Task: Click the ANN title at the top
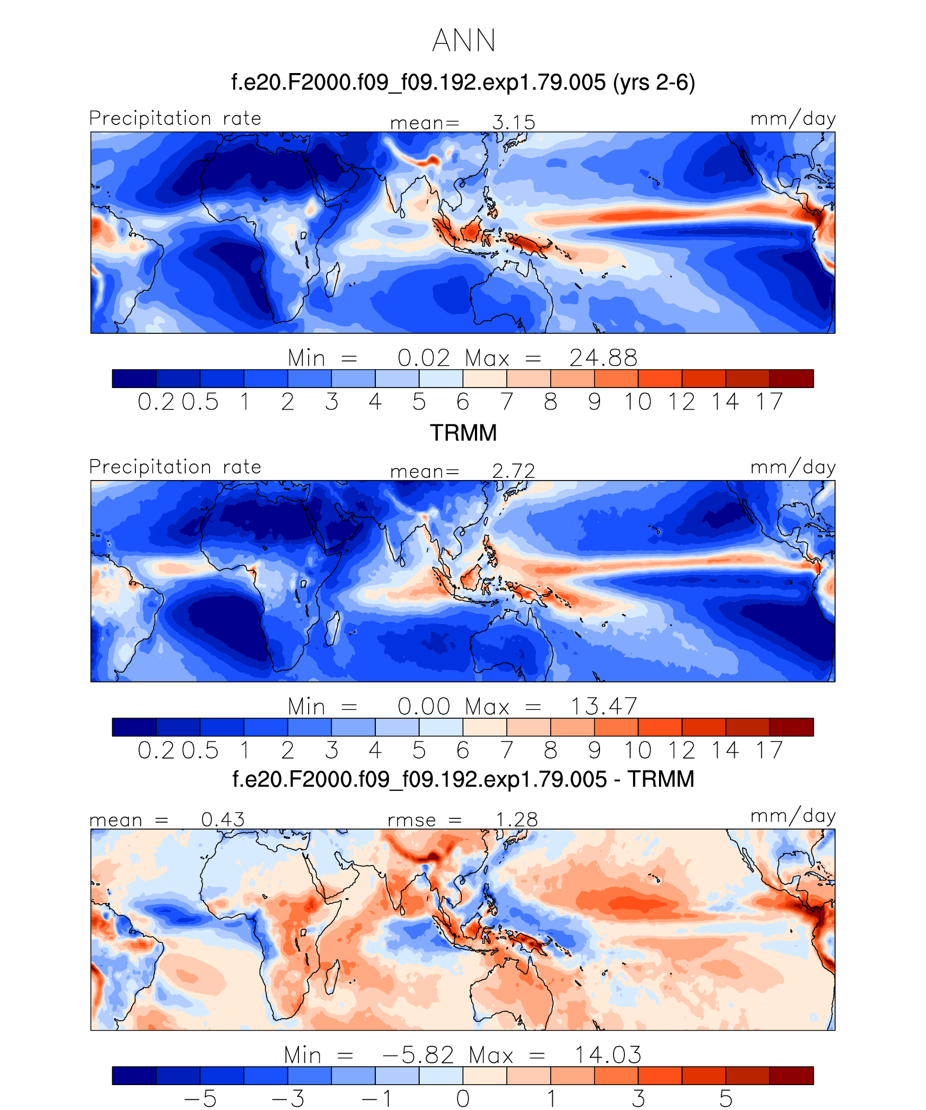pos(464,41)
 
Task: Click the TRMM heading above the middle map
pos(463,433)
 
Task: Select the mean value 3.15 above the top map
pos(513,123)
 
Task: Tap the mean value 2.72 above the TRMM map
pos(513,471)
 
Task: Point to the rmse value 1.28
pos(517,820)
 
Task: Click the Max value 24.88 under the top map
pos(603,358)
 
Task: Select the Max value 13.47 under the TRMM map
pos(603,707)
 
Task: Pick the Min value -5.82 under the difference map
pos(418,1055)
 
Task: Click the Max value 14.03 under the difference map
pos(608,1055)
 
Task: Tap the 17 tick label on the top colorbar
pos(770,402)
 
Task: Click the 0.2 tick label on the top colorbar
pos(156,402)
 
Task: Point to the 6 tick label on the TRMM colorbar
pos(462,751)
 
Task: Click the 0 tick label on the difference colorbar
pos(462,1099)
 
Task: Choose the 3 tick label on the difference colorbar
pos(638,1099)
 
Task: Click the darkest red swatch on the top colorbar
pos(791,378)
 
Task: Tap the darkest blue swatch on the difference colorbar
pos(134,1075)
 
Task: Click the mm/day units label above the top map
pos(793,119)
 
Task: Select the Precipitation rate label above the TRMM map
pos(175,467)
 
